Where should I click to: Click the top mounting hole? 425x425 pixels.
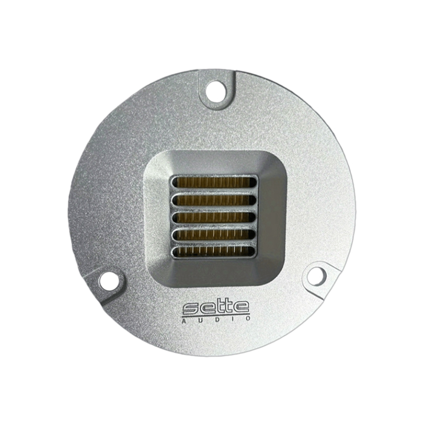(x=216, y=91)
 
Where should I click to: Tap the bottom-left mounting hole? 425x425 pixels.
(x=109, y=281)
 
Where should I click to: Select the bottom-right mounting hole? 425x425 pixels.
(x=316, y=276)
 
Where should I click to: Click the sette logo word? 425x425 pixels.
(x=216, y=308)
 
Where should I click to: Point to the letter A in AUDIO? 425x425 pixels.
(x=184, y=321)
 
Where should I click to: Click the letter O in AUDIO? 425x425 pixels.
(x=248, y=318)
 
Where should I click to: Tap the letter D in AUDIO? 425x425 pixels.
(x=216, y=320)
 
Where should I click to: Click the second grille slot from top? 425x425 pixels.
(x=214, y=200)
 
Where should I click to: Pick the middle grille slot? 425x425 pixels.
(x=214, y=217)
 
